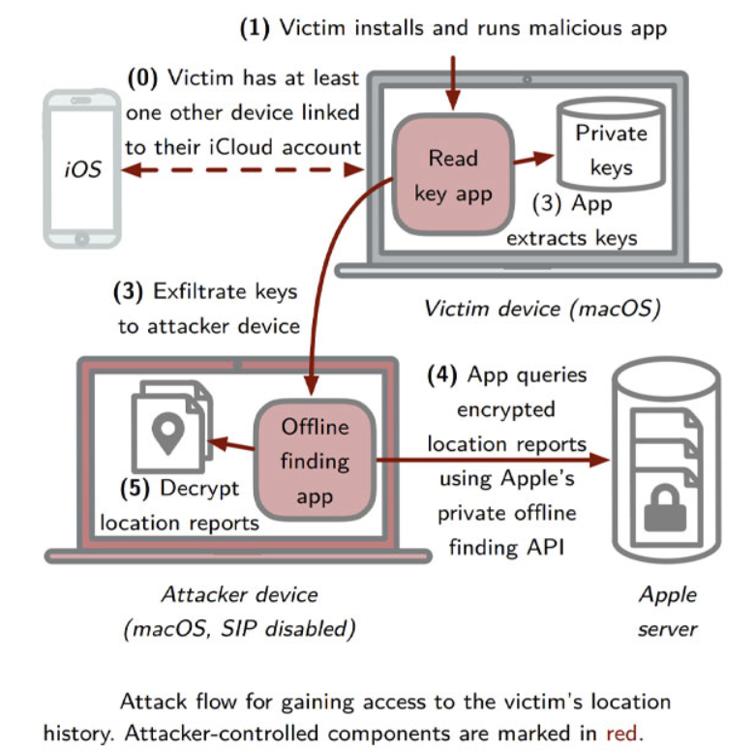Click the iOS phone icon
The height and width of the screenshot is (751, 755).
(x=82, y=172)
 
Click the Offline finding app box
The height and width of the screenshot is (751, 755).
(x=314, y=461)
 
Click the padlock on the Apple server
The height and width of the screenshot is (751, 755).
(x=666, y=508)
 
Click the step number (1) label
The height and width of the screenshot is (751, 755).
(x=256, y=28)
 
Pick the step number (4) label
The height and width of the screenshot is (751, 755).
(x=444, y=375)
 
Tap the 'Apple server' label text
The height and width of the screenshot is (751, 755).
(x=668, y=611)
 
